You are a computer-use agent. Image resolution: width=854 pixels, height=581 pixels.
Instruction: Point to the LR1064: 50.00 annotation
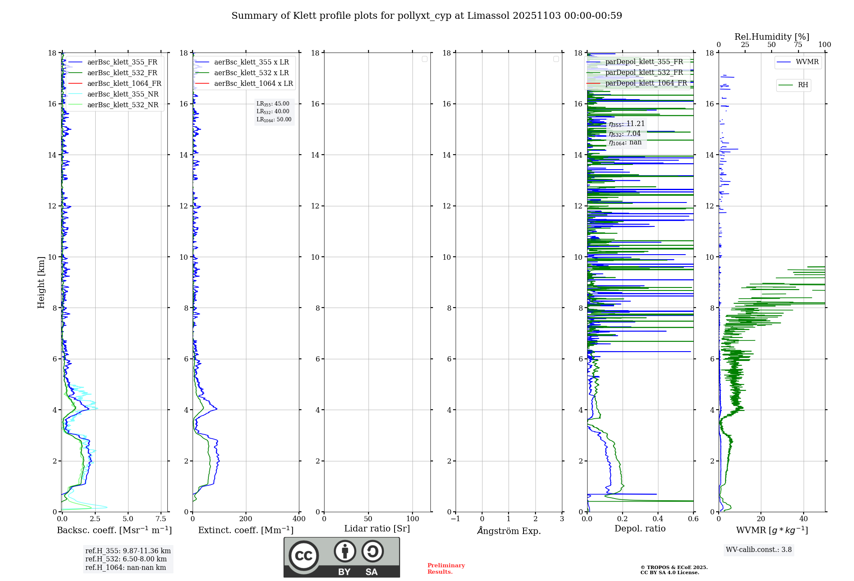tap(274, 120)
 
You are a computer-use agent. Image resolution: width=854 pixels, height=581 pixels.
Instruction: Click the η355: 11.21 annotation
tap(626, 124)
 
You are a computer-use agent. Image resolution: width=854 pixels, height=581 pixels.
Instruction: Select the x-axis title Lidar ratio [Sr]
tap(377, 528)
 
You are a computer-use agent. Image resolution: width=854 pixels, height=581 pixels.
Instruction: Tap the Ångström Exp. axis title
tap(509, 531)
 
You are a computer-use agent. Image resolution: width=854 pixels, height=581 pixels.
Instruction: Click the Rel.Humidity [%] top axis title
tap(772, 37)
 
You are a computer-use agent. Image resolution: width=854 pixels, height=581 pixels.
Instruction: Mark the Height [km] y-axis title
tap(41, 282)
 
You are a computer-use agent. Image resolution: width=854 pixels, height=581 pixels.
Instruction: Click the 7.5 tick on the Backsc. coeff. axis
tap(161, 519)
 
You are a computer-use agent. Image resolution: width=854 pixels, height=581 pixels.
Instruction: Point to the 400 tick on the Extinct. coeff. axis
tap(299, 519)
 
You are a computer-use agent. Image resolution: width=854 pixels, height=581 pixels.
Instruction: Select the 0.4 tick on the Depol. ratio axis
tap(658, 519)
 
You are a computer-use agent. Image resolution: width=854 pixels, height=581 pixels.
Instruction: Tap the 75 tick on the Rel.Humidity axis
tap(798, 44)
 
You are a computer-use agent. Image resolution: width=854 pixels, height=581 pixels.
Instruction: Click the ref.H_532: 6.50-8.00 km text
tap(126, 559)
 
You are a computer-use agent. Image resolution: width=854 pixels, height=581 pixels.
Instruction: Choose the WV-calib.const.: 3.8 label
tap(759, 549)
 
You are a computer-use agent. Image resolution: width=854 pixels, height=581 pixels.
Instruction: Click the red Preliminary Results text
tap(446, 568)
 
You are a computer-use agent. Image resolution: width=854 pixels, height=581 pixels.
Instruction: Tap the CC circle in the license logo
tap(304, 556)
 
